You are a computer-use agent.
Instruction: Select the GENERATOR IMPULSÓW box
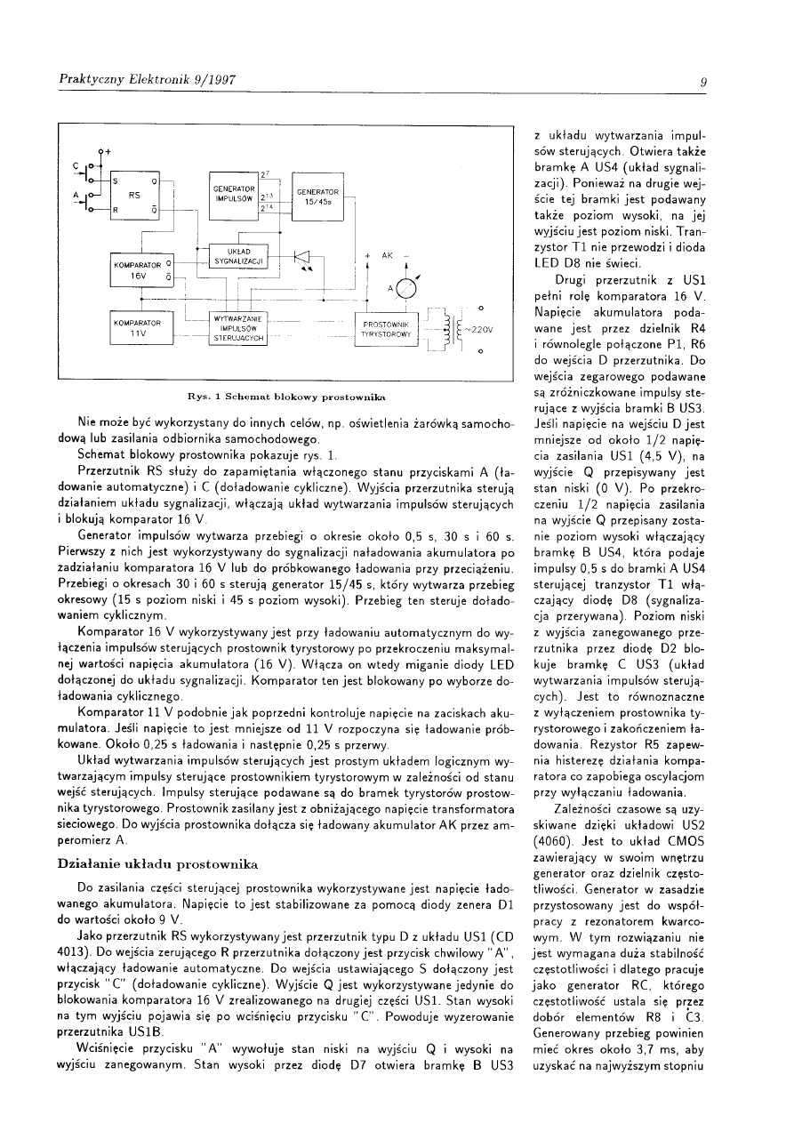(x=234, y=196)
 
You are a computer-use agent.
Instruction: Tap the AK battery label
(x=386, y=255)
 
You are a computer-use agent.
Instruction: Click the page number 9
(x=702, y=83)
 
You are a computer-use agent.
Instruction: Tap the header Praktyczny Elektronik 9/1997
(x=147, y=80)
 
